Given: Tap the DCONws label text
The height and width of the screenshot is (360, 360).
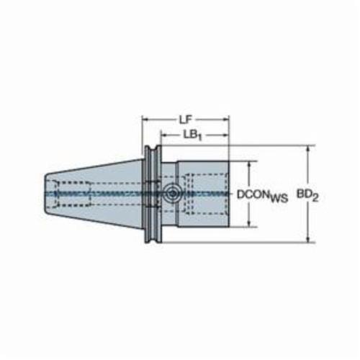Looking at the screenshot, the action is tap(262, 196).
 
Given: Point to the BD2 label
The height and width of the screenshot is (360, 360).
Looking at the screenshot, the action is tap(307, 195).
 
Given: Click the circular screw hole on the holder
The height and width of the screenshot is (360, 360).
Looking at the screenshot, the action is tap(172, 193).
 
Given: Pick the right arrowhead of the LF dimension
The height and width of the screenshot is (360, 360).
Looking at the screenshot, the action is tap(226, 120).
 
